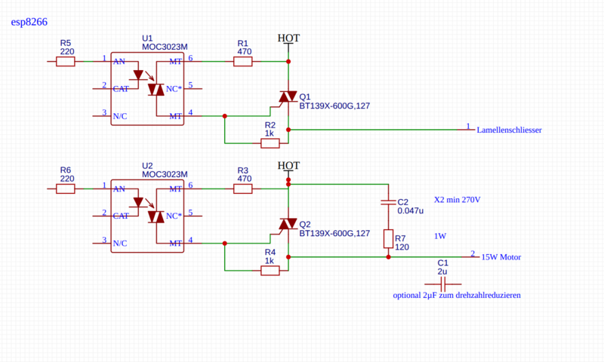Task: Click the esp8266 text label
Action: coord(29,22)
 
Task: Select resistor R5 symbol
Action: coord(66,62)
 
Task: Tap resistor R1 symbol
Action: coord(243,62)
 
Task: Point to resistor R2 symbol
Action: coord(270,143)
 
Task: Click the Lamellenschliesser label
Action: coord(509,130)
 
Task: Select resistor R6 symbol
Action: coord(66,189)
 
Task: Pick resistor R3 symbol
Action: coord(243,189)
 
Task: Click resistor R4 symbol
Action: coord(270,271)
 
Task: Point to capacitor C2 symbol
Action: coord(388,202)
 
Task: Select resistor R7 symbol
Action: coord(388,239)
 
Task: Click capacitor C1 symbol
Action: coord(442,284)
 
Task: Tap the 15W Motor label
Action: coord(501,257)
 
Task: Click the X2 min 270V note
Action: coord(458,200)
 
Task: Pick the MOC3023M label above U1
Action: coord(165,47)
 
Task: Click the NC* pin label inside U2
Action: coord(174,216)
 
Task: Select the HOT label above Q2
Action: coord(288,166)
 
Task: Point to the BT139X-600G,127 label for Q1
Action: coord(334,106)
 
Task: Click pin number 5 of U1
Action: coord(190,85)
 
